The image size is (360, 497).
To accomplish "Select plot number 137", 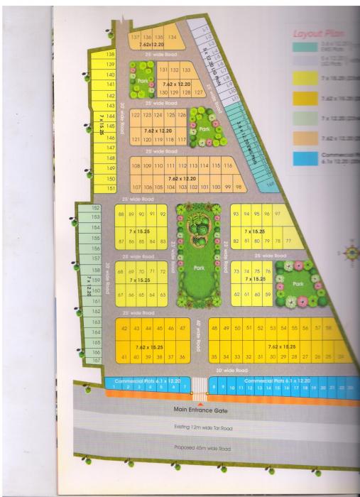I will pos(135,37).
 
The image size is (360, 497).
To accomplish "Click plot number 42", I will pos(126,328).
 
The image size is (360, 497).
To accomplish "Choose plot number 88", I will pos(121,214).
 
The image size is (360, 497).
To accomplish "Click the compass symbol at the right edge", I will pos(351,251).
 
